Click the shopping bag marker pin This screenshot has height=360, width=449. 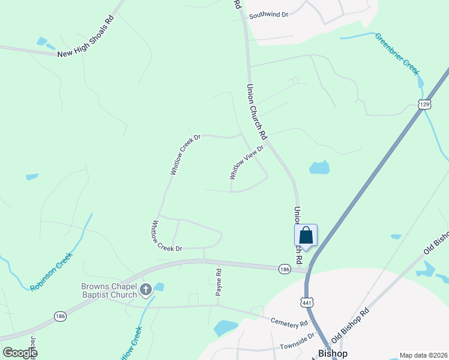pos(306,236)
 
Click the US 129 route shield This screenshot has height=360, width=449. pos(424,104)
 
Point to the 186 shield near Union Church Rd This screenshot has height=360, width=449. pos(285,269)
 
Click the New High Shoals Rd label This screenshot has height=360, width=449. pos(85,37)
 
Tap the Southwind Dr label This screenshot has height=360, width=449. pos(268,14)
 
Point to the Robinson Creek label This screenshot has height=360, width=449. pos(51,271)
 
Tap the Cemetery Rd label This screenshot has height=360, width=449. pos(289,324)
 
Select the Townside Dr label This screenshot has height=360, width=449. pos(297,343)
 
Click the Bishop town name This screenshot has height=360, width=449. pos(332,353)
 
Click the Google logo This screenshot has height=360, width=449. pos(20,353)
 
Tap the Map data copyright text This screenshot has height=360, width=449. pos(423,355)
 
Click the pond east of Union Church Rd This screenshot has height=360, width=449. pos(319,167)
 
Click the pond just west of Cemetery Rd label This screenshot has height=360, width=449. pos(226,328)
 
